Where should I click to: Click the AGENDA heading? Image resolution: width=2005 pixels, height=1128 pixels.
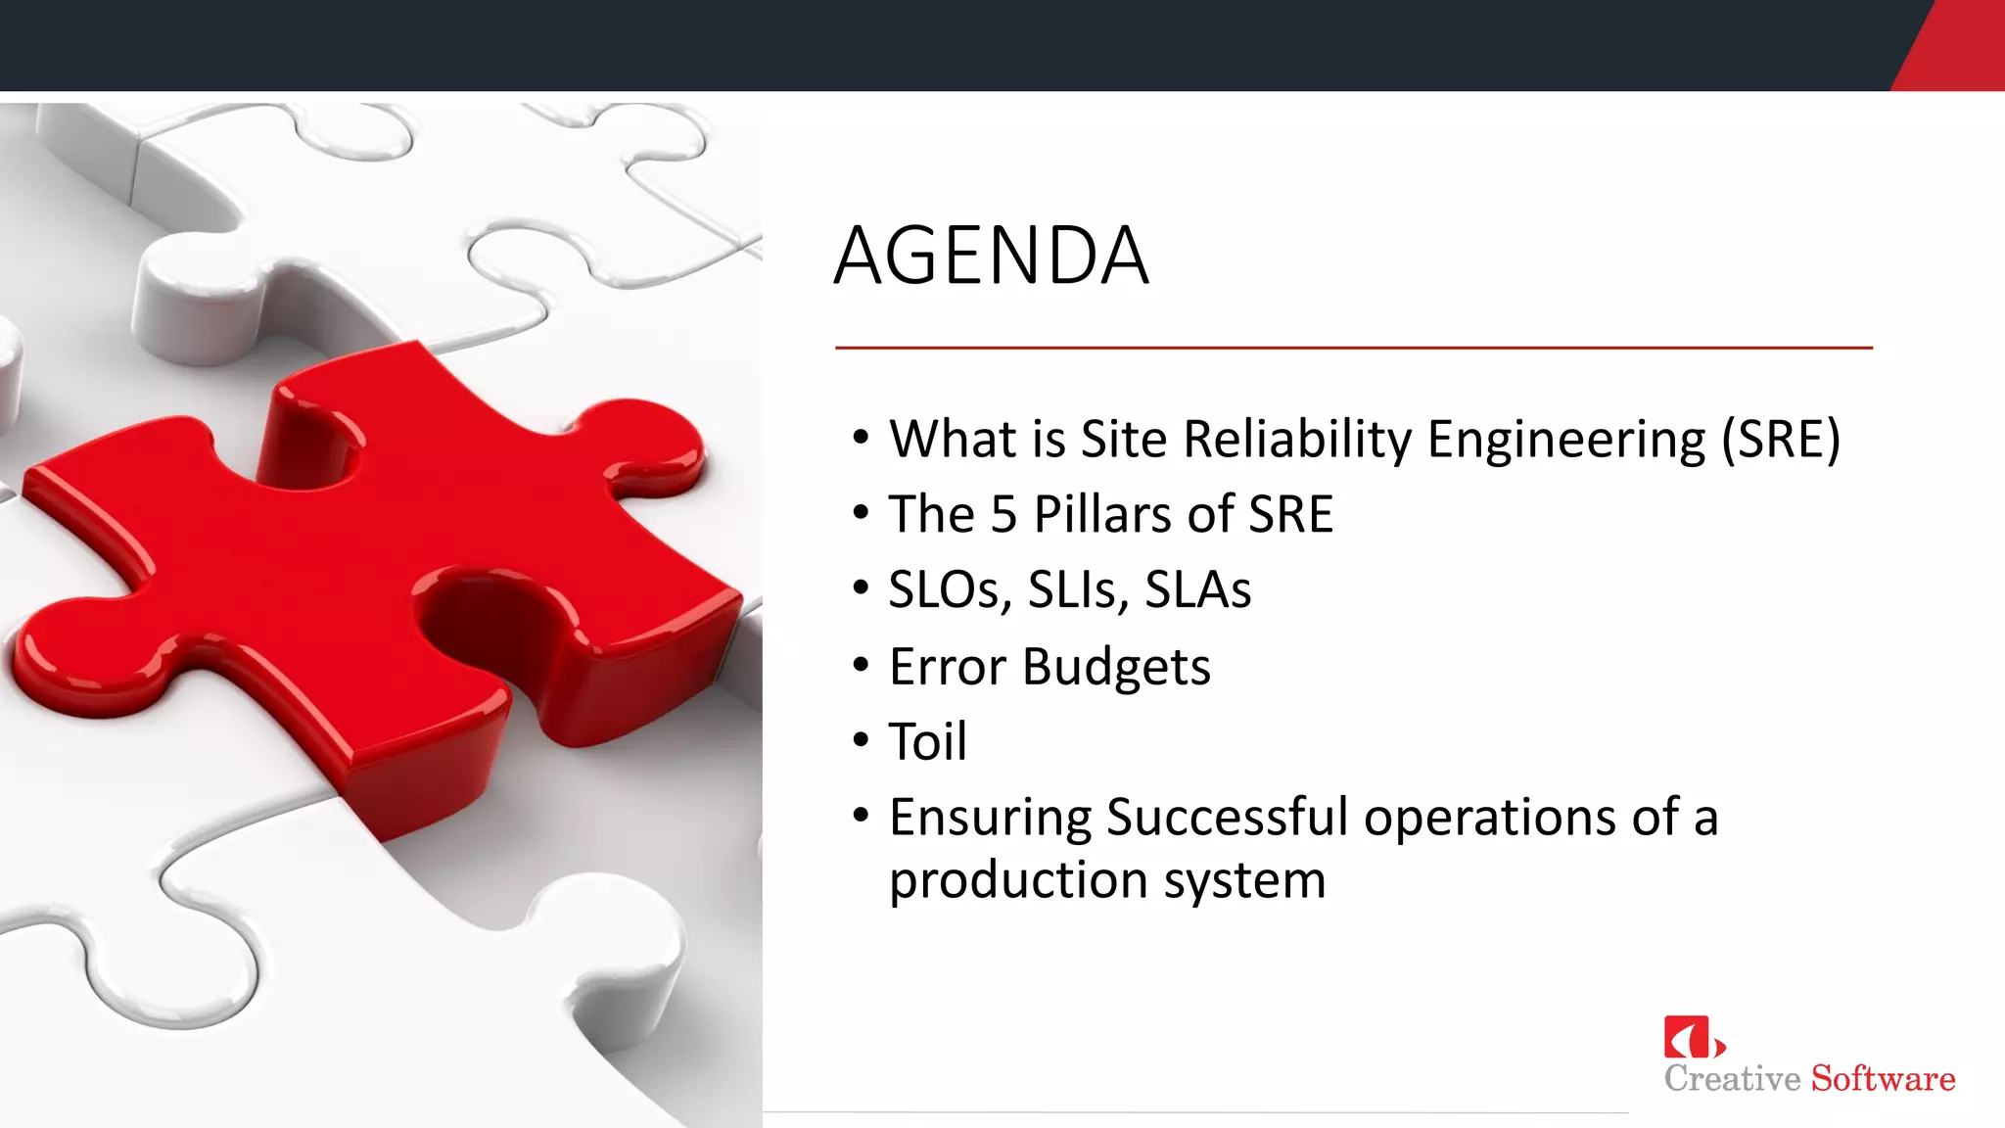click(x=991, y=257)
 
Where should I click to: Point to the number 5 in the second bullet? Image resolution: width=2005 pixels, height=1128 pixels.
click(x=1003, y=514)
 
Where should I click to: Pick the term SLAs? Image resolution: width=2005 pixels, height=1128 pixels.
click(x=1197, y=589)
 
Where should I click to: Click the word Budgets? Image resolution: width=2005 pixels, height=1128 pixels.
click(x=1116, y=668)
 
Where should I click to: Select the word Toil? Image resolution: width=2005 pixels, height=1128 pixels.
click(x=927, y=741)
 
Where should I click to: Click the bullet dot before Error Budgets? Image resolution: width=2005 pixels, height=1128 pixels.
click(x=861, y=666)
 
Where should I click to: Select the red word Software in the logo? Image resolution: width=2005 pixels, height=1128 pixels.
click(x=1883, y=1078)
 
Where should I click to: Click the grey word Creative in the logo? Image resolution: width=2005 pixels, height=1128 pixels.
click(x=1732, y=1078)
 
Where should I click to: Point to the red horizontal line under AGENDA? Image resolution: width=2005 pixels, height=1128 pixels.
click(x=1353, y=348)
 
